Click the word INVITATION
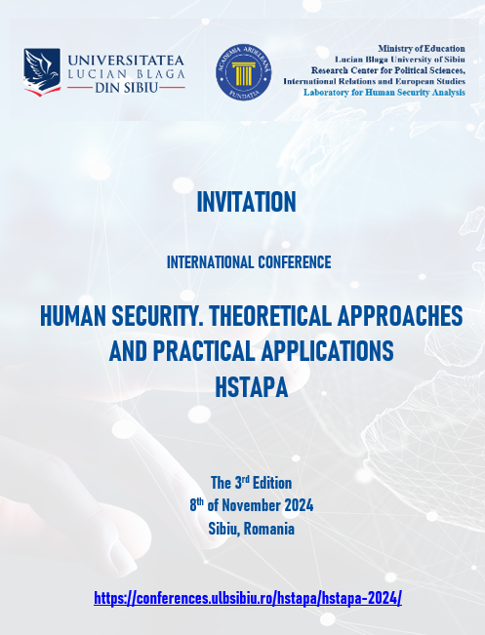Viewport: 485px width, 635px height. [x=246, y=202]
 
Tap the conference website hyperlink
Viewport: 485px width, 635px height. [x=248, y=597]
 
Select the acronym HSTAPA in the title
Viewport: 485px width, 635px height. [x=251, y=387]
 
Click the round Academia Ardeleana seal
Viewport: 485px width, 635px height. [x=244, y=72]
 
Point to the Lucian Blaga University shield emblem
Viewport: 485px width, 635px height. [x=42, y=72]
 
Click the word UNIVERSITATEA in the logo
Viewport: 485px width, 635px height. [x=126, y=60]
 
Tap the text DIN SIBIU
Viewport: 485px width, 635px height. [x=126, y=88]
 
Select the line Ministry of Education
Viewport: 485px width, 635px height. [x=422, y=49]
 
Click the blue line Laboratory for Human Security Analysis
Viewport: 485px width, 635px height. [x=384, y=93]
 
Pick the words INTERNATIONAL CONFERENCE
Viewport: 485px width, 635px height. [x=249, y=262]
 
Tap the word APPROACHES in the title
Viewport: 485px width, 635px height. [x=400, y=316]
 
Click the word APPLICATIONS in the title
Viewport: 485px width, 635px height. [x=327, y=351]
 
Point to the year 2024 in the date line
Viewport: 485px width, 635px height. [x=299, y=505]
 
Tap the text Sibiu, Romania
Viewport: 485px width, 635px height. [x=251, y=529]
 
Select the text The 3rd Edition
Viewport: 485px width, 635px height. [x=251, y=483]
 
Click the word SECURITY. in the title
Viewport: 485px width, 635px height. [x=157, y=316]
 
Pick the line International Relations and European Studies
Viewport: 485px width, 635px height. [x=374, y=81]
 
